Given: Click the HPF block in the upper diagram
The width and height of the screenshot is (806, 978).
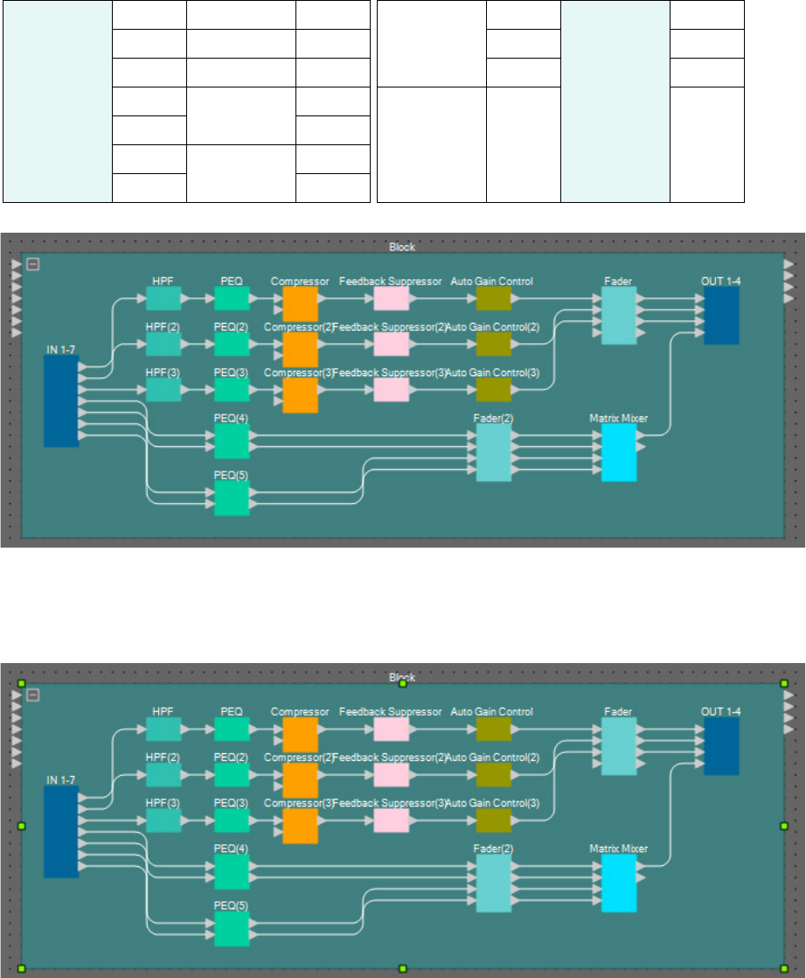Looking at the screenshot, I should coord(163,299).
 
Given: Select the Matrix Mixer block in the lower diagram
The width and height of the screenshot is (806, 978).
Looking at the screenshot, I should coord(619,883).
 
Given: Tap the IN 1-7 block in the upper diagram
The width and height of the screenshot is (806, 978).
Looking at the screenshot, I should coord(61,402).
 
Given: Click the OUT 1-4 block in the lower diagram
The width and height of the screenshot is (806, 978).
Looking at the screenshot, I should coord(721,746).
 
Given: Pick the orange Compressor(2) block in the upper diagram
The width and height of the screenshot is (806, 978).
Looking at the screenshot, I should coord(300,348).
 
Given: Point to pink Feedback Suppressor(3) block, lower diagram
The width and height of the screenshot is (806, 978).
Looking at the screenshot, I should coord(391,820).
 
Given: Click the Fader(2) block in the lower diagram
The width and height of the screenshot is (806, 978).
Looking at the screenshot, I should coord(493,883).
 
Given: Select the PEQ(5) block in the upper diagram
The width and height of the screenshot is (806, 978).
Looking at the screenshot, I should coord(232,498).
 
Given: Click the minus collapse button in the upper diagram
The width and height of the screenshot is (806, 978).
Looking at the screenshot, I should coord(33,264).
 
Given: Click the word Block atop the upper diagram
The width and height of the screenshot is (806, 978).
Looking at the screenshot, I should coord(402,248).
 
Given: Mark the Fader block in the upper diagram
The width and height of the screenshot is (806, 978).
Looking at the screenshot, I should coord(619,316).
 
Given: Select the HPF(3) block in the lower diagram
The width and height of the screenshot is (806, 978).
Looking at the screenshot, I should coord(163,821).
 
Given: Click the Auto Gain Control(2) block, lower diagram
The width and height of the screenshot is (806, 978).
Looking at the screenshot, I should coord(493,774).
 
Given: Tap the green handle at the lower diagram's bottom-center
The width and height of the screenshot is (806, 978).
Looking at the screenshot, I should coord(402,968).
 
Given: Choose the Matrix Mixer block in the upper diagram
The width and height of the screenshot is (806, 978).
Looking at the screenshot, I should coord(619,452).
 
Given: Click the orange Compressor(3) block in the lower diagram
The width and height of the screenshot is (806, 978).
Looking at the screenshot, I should coord(300,824).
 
